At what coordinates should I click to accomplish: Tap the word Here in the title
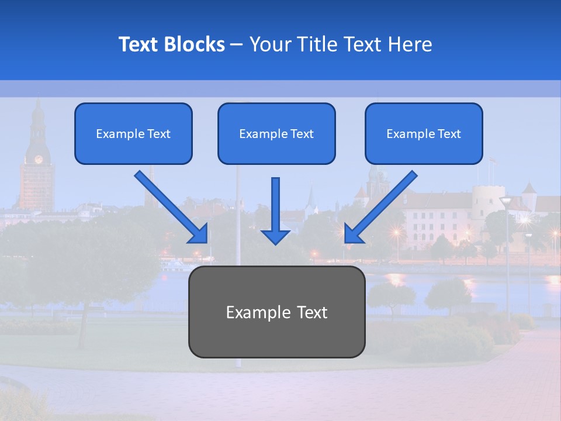point(410,44)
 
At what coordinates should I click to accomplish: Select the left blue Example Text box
point(133,133)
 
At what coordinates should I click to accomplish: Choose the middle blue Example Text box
point(276,133)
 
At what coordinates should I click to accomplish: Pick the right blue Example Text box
point(424,133)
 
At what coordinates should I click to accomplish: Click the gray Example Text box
point(276,312)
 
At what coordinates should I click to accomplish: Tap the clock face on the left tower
point(39,158)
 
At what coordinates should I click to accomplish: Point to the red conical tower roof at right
point(529,188)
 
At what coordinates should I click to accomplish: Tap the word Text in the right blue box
point(449,134)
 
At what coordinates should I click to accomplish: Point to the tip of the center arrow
point(275,243)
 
